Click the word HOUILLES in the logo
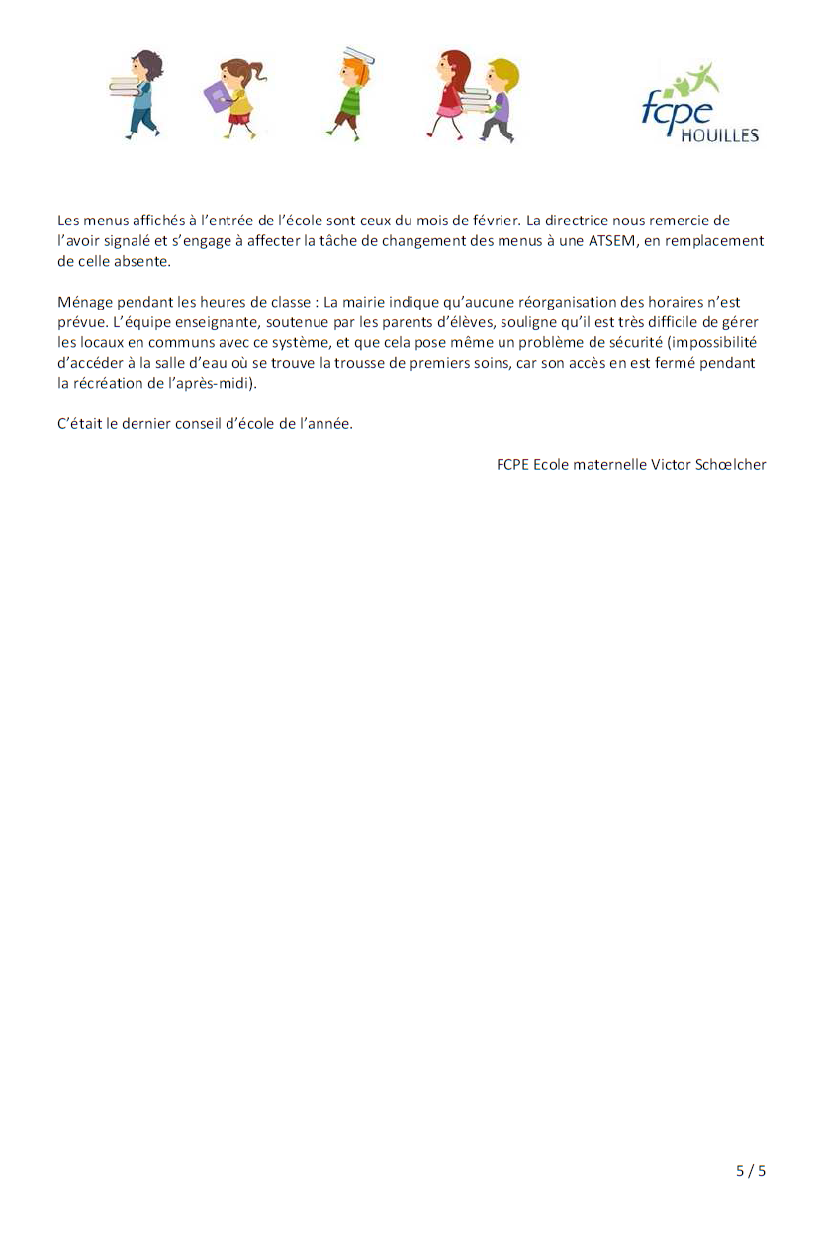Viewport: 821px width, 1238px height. click(719, 134)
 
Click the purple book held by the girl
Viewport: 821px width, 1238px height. click(217, 96)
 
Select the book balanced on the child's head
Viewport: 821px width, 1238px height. click(358, 54)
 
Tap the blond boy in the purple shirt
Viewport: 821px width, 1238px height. click(502, 99)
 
